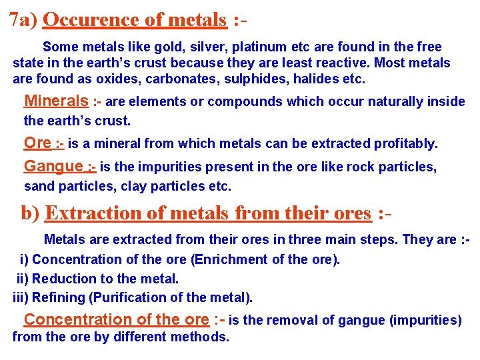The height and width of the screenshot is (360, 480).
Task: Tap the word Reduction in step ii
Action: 61,279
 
